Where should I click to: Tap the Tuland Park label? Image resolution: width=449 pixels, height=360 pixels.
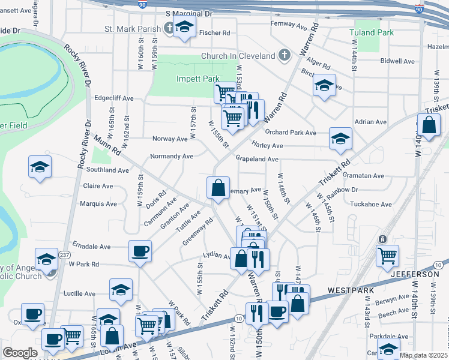click(372, 32)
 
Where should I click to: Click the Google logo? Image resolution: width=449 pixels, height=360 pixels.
click(20, 353)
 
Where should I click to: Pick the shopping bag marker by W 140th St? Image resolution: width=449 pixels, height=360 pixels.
click(430, 126)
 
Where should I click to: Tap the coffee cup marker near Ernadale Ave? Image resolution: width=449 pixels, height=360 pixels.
click(140, 251)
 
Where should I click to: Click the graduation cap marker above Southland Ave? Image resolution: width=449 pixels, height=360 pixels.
click(40, 167)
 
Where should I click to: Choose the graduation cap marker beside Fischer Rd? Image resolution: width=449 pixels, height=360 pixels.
click(185, 28)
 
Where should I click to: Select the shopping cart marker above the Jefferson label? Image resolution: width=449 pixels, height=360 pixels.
click(387, 256)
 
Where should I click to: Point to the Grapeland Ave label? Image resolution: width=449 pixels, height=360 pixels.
click(257, 159)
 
